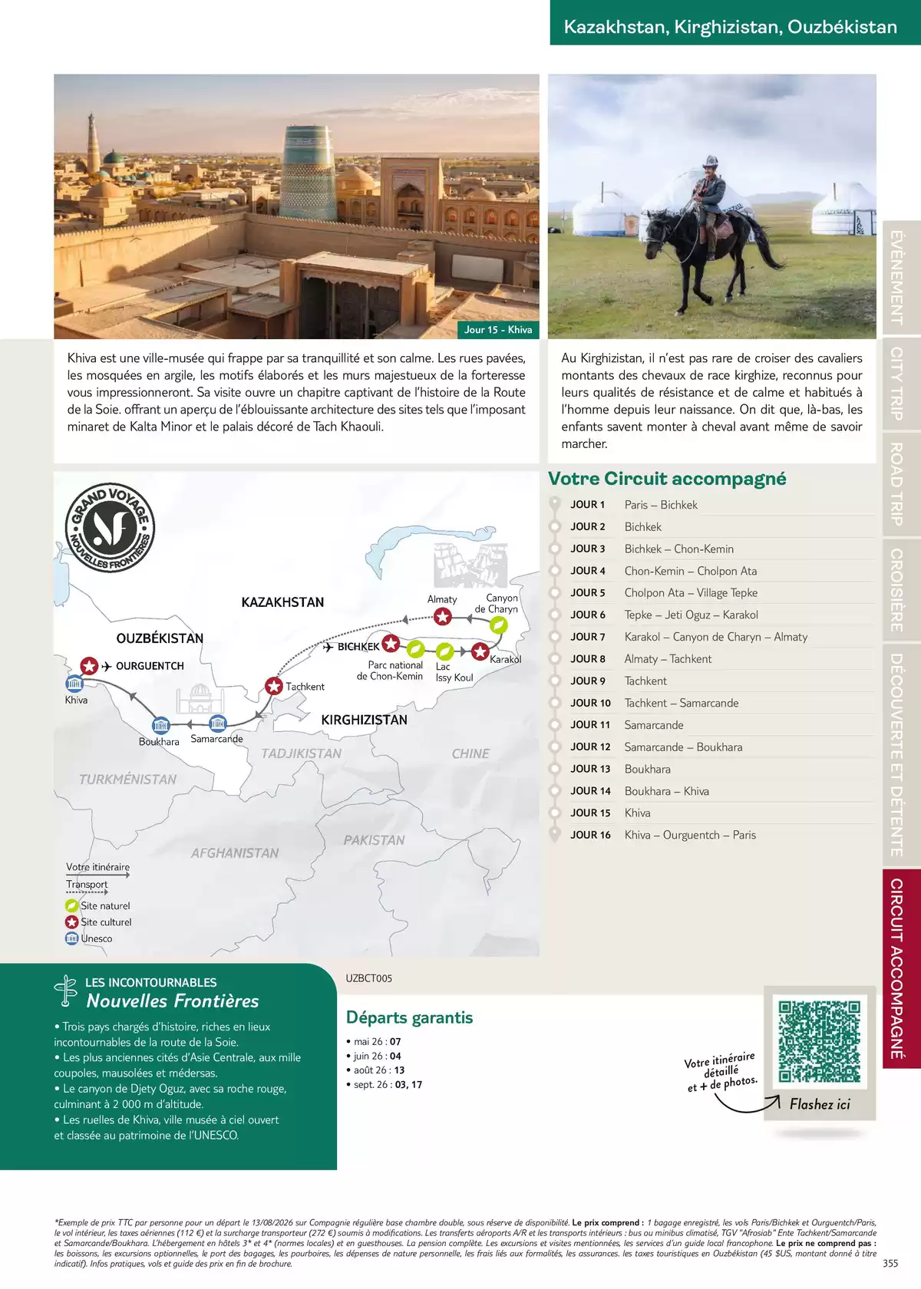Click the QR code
819,1040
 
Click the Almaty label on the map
442,599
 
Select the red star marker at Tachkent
274,686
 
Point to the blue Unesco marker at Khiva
74,684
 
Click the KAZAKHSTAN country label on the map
282,602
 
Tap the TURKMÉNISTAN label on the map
127,780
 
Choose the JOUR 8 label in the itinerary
588,659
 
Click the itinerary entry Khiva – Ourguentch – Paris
690,835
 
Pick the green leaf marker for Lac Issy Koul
444,651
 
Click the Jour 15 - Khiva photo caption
498,330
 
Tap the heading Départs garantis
409,1017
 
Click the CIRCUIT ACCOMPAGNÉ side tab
896,968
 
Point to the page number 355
890,1264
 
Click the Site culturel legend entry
105,922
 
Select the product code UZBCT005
368,978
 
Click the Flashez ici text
820,1104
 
